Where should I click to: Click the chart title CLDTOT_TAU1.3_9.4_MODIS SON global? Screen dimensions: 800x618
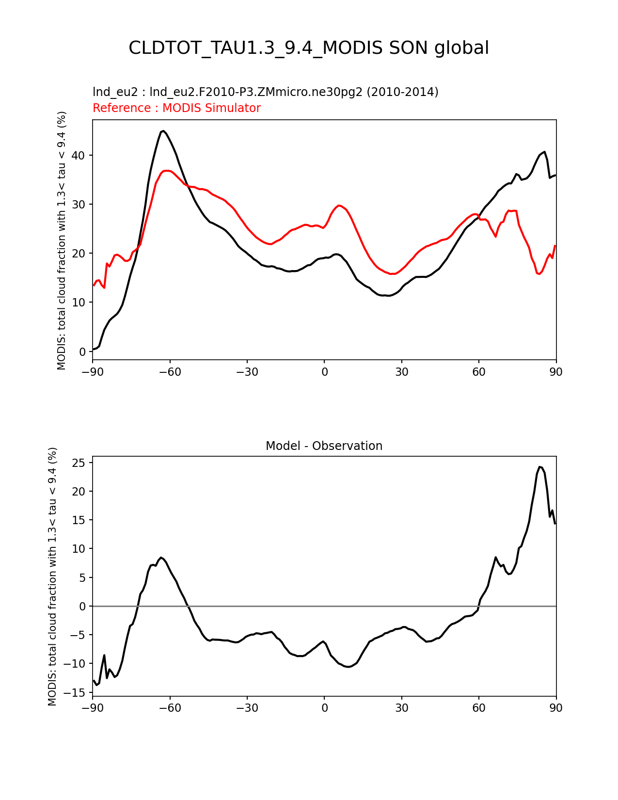[309, 48]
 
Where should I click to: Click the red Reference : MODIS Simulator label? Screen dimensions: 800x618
[176, 108]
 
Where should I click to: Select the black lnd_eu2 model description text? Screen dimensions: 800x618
[265, 92]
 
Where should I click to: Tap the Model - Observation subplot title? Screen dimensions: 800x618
[324, 446]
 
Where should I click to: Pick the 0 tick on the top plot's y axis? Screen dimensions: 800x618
[82, 352]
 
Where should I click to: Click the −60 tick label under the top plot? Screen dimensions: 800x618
[170, 372]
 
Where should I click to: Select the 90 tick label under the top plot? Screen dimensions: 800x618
[556, 372]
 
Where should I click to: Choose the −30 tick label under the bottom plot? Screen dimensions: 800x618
[247, 708]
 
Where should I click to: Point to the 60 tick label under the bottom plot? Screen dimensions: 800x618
[479, 708]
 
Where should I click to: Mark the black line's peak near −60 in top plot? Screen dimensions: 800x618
[163, 131]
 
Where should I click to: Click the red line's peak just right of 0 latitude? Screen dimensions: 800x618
[339, 206]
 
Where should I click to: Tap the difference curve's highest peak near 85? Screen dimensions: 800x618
[539, 467]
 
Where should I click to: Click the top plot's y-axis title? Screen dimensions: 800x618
[62, 240]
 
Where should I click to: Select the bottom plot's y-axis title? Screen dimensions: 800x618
[52, 576]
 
